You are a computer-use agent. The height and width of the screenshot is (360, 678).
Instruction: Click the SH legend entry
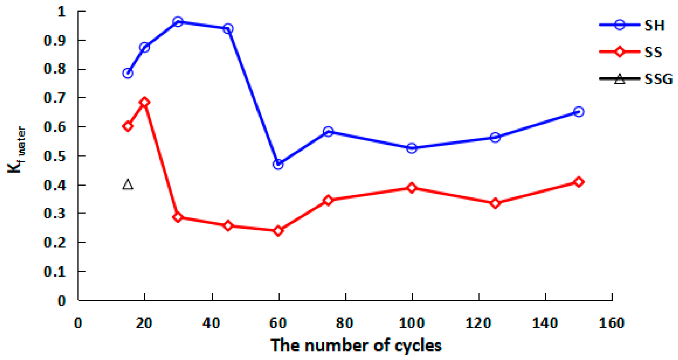632,25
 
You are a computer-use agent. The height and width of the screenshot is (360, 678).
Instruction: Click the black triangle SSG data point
128,184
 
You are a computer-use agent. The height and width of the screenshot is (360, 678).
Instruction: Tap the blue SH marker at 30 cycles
178,22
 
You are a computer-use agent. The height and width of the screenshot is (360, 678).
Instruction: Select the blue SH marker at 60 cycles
278,164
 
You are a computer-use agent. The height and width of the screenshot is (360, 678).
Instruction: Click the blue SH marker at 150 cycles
579,112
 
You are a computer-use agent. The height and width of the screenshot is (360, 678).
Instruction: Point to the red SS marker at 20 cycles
145,102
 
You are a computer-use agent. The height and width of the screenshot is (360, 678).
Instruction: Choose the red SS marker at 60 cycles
278,231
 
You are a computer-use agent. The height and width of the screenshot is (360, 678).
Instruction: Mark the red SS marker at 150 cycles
579,182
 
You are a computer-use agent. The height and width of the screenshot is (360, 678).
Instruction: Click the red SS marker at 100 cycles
412,188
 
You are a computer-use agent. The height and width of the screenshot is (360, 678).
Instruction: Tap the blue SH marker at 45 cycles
228,29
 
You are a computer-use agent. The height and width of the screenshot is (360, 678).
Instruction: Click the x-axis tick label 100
412,323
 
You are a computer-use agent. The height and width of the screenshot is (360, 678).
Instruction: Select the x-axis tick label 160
612,323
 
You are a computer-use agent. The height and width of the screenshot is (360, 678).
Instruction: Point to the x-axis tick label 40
211,323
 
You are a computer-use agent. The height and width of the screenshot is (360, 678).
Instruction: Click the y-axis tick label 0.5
55,156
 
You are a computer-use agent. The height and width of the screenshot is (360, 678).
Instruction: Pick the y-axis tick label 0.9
55,40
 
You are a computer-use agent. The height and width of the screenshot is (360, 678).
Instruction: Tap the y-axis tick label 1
61,12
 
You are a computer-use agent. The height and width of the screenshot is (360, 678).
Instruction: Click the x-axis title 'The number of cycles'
356,345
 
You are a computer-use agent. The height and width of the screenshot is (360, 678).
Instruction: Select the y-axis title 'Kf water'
16,150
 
